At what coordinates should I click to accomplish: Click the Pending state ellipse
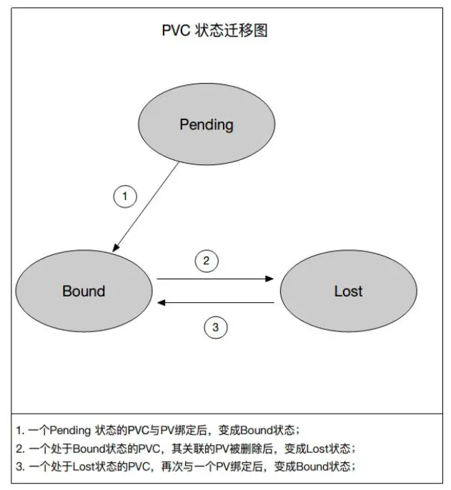206,125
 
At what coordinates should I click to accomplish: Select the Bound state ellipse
84,291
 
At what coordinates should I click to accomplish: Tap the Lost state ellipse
348,291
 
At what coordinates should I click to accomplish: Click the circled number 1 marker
125,196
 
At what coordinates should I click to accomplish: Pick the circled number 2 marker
206,261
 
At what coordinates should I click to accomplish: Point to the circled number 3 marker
216,328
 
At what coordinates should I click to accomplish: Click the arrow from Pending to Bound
147,206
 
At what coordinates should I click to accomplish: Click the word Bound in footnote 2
89,449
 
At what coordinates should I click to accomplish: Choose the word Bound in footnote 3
310,466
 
